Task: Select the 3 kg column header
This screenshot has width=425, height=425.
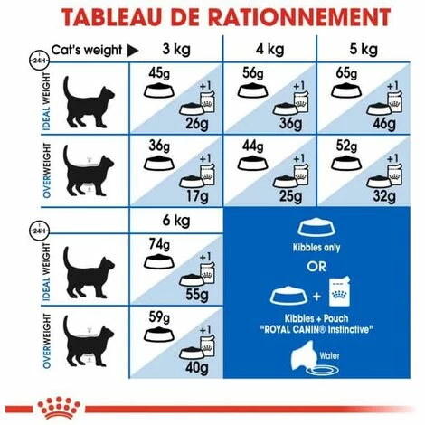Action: point(176,48)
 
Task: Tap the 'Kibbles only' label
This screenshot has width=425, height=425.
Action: point(315,246)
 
